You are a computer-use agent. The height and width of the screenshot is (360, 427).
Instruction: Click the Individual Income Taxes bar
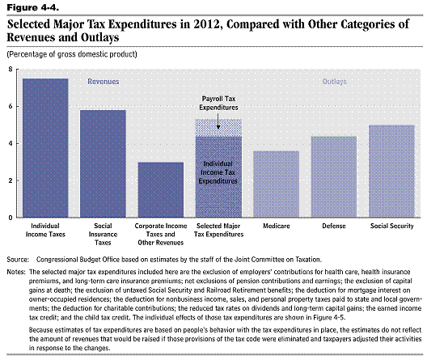pos(45,148)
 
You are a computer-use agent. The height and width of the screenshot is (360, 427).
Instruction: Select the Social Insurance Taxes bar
pos(103,163)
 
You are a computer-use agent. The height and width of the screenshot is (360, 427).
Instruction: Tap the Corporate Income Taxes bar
pos(161,190)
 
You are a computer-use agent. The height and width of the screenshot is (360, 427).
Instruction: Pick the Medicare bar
pos(276,184)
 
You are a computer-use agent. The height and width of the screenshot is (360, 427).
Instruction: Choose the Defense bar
pos(334,176)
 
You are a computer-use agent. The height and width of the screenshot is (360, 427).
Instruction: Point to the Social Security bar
pos(391,172)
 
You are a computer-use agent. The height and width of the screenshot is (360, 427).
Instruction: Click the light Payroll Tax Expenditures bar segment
pos(218,128)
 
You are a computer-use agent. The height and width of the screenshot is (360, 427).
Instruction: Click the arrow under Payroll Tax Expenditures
pos(218,121)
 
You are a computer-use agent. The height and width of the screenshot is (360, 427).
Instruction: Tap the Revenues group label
pos(104,82)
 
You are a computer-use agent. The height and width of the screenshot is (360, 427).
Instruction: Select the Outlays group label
pos(335,82)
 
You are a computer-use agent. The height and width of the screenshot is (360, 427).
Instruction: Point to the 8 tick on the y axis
pos(11,69)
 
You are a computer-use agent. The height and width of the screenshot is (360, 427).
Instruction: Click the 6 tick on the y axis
pos(11,106)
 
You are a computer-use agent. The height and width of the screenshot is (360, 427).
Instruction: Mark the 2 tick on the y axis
pos(11,180)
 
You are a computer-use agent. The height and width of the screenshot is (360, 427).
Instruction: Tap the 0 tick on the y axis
pos(11,218)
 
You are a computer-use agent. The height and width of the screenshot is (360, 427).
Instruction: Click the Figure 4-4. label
pos(32,7)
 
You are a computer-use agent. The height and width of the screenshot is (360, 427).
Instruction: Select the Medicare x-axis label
pos(277,226)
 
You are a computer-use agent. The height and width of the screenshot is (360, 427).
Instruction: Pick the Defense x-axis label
pos(334,226)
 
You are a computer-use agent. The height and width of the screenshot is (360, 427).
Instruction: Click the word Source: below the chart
pos(18,259)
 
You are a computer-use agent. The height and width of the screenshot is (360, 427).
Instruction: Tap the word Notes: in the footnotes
pos(16,272)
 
